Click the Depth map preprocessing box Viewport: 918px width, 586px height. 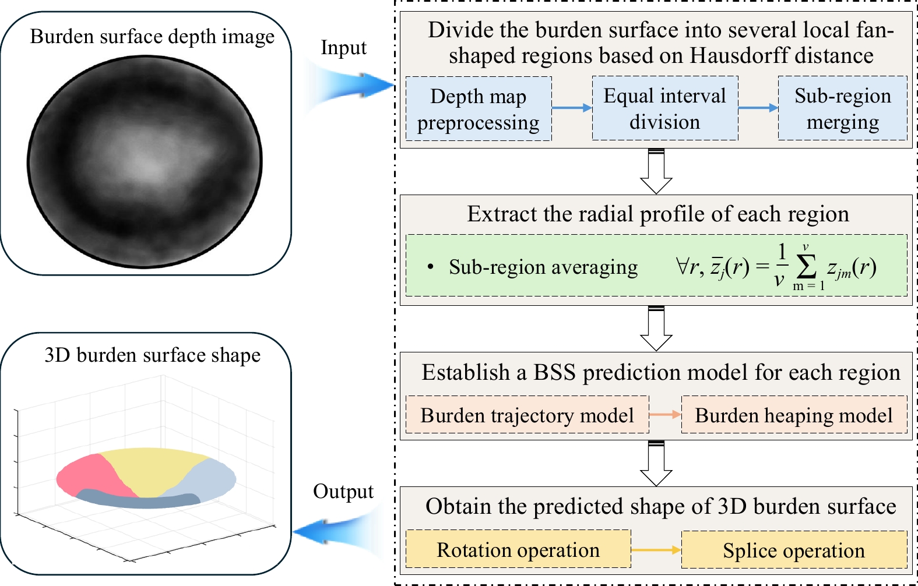pyautogui.click(x=479, y=109)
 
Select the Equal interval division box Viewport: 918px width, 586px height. pyautogui.click(x=665, y=108)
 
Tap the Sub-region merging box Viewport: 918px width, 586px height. pyautogui.click(x=843, y=108)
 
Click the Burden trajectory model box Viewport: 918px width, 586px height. pyautogui.click(x=527, y=414)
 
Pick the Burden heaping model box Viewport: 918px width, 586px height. pyautogui.click(x=794, y=414)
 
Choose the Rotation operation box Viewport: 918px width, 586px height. pyautogui.click(x=518, y=549)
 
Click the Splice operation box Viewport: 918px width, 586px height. pyautogui.click(x=794, y=549)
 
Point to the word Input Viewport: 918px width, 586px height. pyautogui.click(x=343, y=48)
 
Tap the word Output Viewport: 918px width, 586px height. pyautogui.click(x=343, y=492)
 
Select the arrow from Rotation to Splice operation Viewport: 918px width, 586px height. pyautogui.click(x=656, y=549)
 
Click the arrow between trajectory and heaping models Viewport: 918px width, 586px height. pyautogui.click(x=665, y=414)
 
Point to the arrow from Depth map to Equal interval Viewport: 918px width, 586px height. pyautogui.click(x=572, y=108)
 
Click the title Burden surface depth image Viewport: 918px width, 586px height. pyautogui.click(x=152, y=37)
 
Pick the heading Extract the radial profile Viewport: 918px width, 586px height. pyautogui.click(x=658, y=214)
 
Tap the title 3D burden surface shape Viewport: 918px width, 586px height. pyautogui.click(x=153, y=355)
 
